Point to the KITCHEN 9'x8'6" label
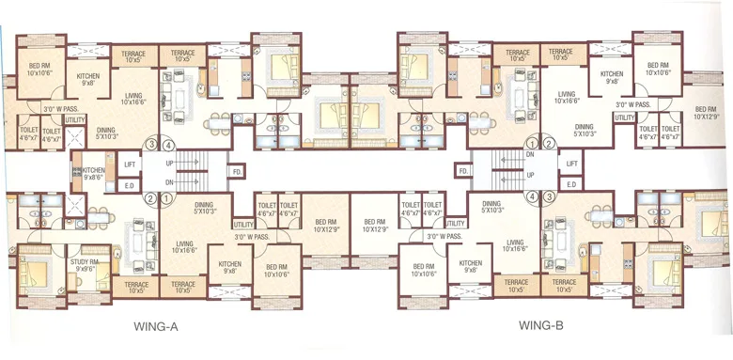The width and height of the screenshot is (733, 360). click(x=93, y=173)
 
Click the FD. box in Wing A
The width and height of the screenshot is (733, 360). click(x=237, y=171)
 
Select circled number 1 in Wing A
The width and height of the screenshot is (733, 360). click(x=166, y=198)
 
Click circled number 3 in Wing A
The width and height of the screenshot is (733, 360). click(x=150, y=145)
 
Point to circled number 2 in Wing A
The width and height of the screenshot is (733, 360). click(x=150, y=198)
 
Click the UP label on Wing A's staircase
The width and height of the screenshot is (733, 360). click(x=169, y=163)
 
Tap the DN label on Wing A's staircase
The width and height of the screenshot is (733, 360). click(x=169, y=182)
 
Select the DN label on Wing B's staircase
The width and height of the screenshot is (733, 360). click(x=530, y=155)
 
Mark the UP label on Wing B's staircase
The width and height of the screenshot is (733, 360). click(x=530, y=175)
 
